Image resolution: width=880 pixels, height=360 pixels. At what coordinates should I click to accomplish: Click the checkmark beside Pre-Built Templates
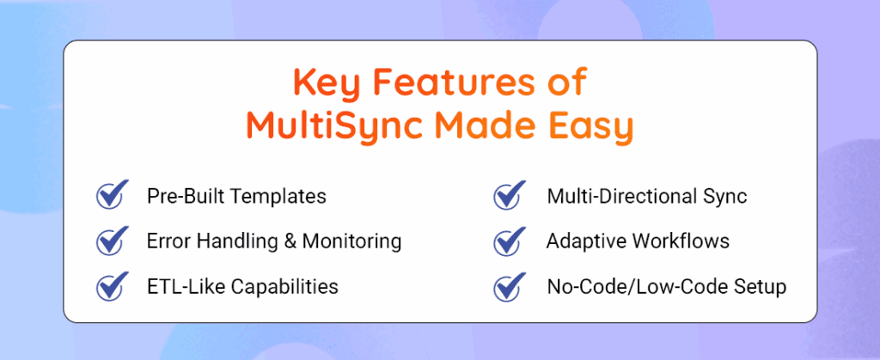(111, 195)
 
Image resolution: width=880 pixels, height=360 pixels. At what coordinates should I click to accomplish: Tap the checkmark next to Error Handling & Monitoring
(111, 241)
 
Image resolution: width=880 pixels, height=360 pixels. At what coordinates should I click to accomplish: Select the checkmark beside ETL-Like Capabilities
(111, 285)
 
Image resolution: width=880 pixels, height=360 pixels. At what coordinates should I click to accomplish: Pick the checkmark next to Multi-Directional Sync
(510, 195)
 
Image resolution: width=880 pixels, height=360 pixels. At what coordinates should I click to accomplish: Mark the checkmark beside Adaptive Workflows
(510, 241)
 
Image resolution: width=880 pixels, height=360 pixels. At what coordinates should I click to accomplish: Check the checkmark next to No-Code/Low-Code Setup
(510, 285)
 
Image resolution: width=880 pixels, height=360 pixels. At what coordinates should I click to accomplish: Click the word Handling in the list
(242, 241)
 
